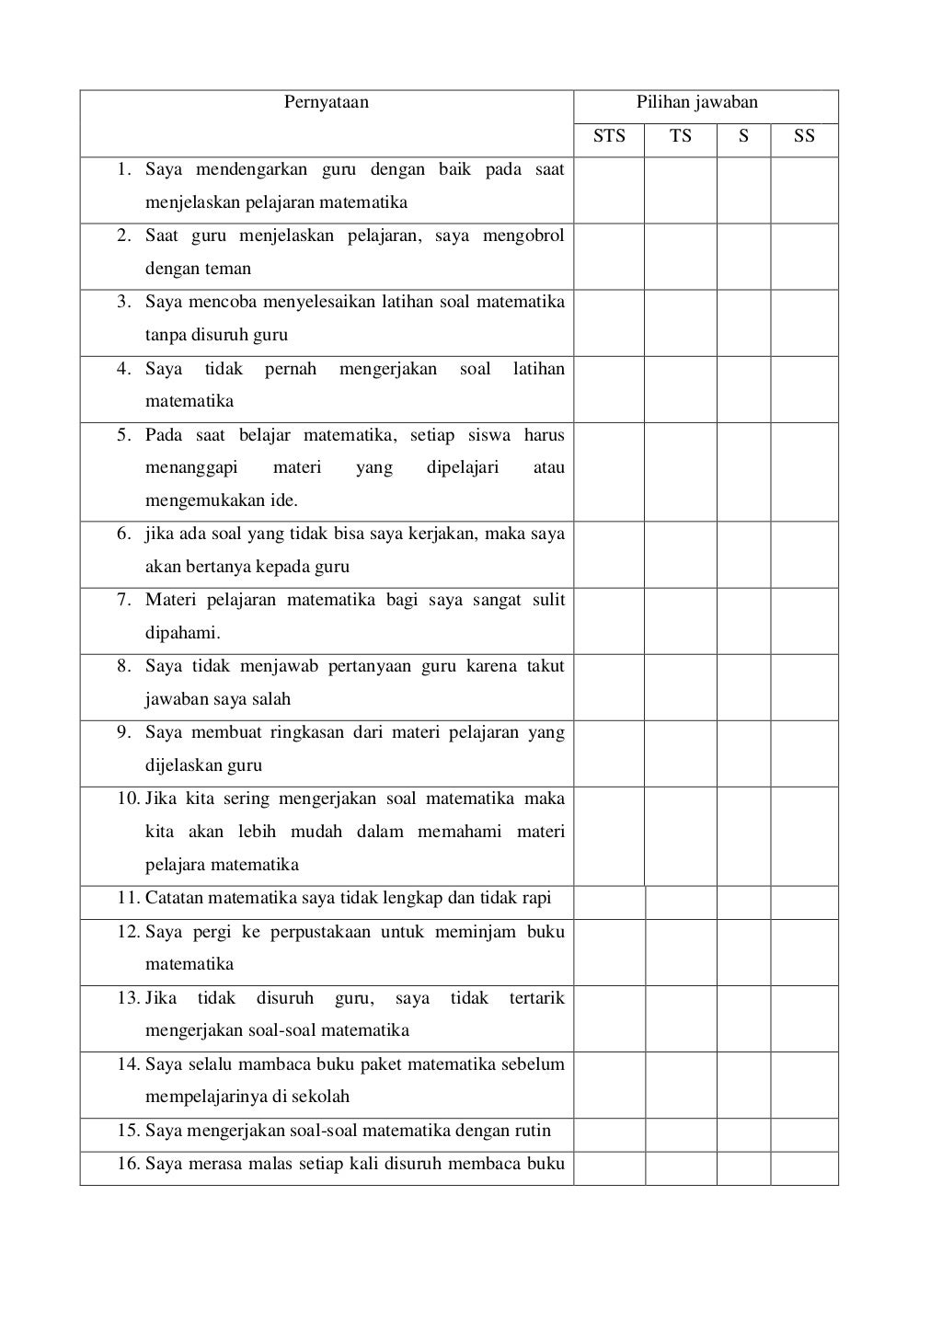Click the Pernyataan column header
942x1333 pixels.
click(327, 102)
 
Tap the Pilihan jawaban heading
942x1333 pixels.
click(697, 102)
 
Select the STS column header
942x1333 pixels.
click(609, 136)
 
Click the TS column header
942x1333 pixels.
click(680, 136)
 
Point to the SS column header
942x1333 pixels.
click(804, 136)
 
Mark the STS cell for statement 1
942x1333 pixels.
click(609, 190)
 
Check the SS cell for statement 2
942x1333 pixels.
click(804, 257)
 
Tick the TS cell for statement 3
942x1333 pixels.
click(680, 323)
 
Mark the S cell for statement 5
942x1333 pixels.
click(743, 472)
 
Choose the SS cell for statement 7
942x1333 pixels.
click(804, 621)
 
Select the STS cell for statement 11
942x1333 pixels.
click(609, 902)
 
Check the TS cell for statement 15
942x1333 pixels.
click(680, 1135)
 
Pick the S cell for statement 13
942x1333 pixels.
click(743, 1018)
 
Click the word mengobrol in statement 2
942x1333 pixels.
click(523, 236)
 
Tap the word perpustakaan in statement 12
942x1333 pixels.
click(320, 932)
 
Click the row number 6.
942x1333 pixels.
click(125, 534)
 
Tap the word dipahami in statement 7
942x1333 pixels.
click(181, 633)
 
